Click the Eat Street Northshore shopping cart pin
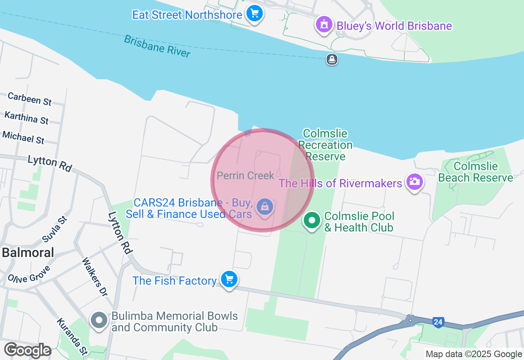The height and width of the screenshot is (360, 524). [255, 14]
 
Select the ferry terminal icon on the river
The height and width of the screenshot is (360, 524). [332, 60]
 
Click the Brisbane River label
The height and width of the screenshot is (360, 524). [157, 46]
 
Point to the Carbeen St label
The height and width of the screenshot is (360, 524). [29, 99]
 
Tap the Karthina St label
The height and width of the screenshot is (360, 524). [26, 118]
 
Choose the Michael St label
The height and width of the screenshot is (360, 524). [23, 137]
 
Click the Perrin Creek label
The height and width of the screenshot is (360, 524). [245, 175]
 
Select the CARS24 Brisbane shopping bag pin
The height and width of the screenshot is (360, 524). [265, 207]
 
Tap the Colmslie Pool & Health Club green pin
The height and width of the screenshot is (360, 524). [312, 221]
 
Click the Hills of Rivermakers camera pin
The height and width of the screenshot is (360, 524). [414, 182]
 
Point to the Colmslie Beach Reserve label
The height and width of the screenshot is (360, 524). [475, 172]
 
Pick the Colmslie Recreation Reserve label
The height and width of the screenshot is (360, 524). [325, 145]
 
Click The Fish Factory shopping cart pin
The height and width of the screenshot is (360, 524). [229, 280]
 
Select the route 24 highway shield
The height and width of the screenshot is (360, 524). [438, 322]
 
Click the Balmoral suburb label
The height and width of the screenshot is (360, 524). [28, 252]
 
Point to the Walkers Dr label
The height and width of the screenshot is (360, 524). [95, 277]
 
